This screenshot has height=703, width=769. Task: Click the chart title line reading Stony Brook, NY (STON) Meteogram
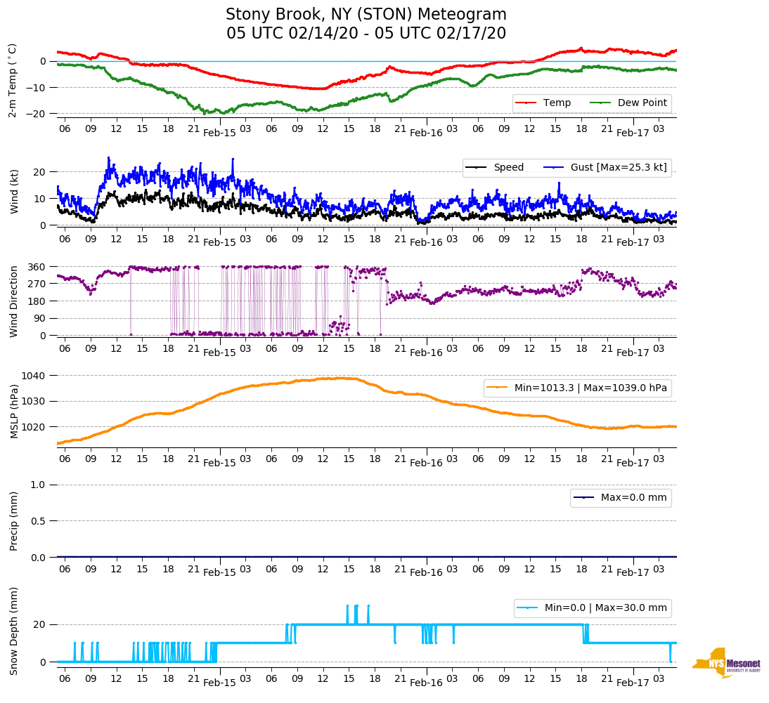(x=366, y=15)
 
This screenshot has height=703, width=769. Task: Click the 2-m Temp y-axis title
(x=13, y=80)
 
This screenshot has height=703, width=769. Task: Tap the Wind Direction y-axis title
(x=13, y=301)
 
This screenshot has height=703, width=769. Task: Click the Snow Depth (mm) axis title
(x=13, y=631)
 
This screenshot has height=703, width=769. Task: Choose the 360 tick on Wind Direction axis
(x=38, y=267)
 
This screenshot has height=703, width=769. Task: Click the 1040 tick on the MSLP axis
(x=35, y=376)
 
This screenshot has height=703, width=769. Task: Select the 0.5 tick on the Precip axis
(x=39, y=521)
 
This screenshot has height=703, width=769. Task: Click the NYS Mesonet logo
(x=727, y=662)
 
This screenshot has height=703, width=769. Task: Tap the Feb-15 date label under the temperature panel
(x=219, y=133)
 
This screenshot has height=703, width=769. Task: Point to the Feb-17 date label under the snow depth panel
(x=633, y=683)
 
